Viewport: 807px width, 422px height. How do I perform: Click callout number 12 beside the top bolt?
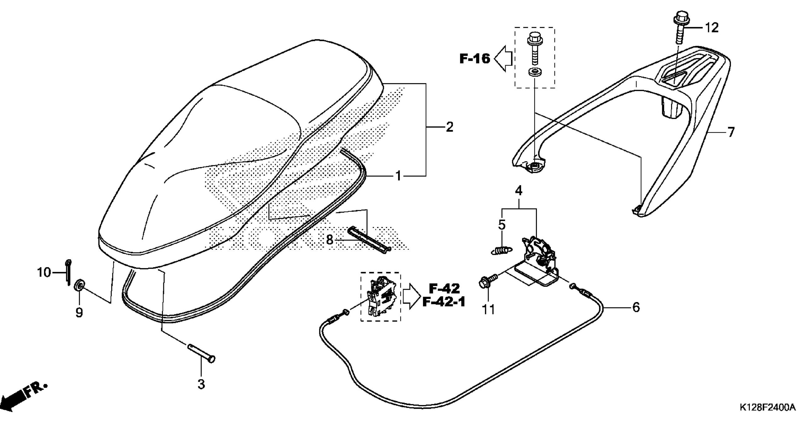[711, 28]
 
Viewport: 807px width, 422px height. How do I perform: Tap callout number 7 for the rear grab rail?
[731, 133]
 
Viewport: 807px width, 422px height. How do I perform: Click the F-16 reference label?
[475, 59]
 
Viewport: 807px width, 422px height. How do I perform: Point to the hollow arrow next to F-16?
[503, 58]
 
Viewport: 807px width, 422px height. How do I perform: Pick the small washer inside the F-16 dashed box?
[535, 72]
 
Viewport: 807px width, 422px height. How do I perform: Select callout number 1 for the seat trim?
[399, 176]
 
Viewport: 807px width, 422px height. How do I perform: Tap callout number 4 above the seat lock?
[519, 191]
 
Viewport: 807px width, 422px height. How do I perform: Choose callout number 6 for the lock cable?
[636, 307]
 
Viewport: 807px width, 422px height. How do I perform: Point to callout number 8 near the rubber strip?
[329, 240]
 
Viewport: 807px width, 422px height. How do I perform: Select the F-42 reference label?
[444, 288]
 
